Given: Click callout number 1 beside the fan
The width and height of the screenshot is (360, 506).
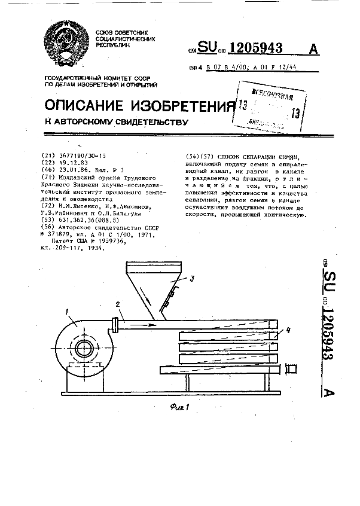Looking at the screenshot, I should (68, 310).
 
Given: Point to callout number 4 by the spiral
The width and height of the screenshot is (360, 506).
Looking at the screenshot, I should (288, 329).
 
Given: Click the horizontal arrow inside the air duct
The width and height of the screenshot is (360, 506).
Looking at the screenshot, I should (141, 325).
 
